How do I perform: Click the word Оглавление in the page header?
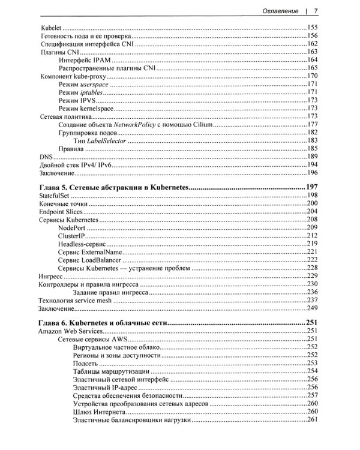pyautogui.click(x=278, y=10)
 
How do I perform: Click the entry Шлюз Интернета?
pyautogui.click(x=99, y=413)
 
